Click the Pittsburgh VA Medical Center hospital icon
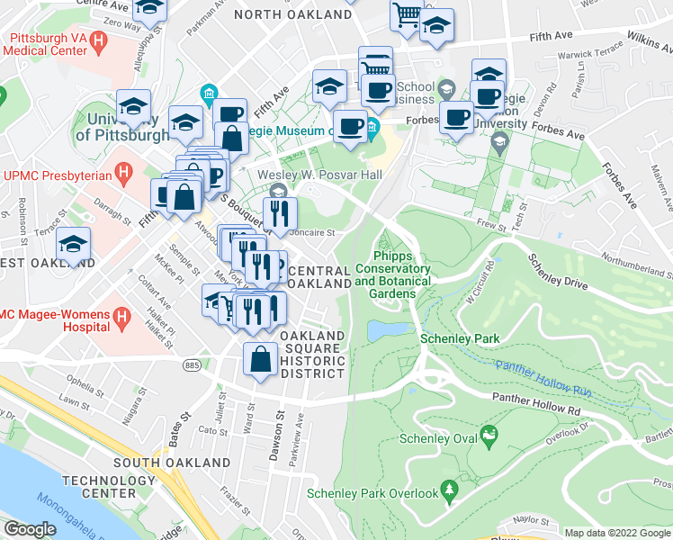coord(98,41)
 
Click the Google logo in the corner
coord(30,529)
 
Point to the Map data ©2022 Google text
coord(616,533)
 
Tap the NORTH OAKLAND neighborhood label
coord(292,15)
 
